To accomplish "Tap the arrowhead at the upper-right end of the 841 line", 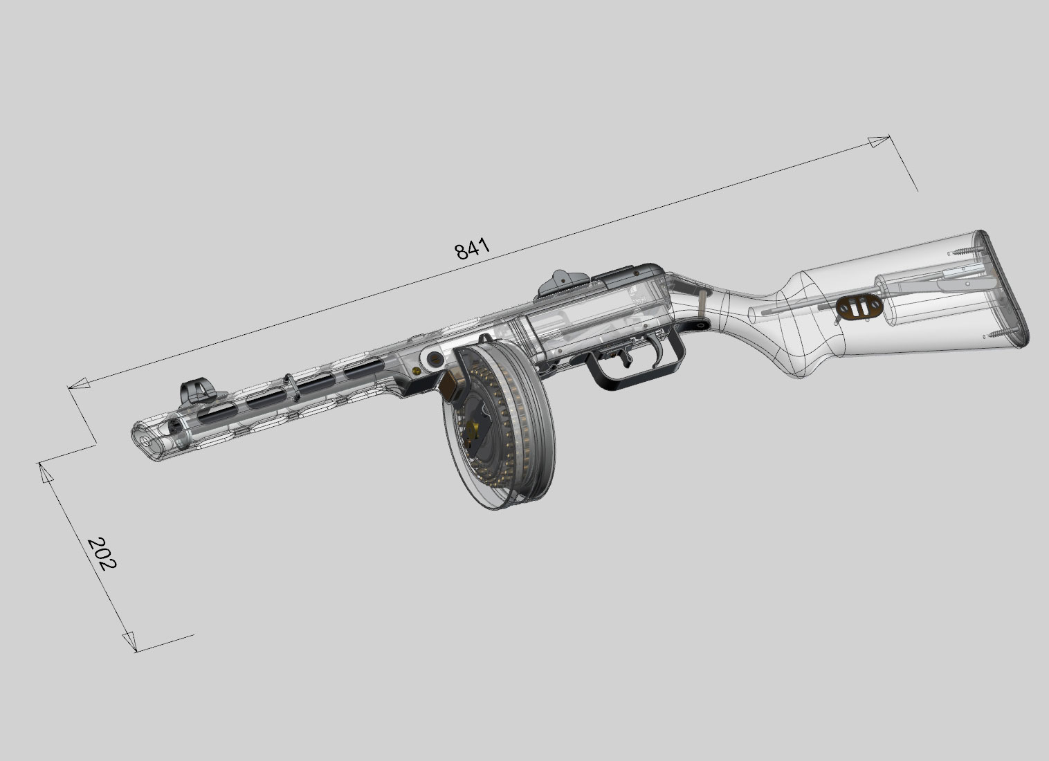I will [879, 143].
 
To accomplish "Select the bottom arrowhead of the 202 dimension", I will [129, 641].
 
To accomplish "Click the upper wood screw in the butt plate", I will [965, 251].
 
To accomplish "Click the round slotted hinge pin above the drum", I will [435, 358].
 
